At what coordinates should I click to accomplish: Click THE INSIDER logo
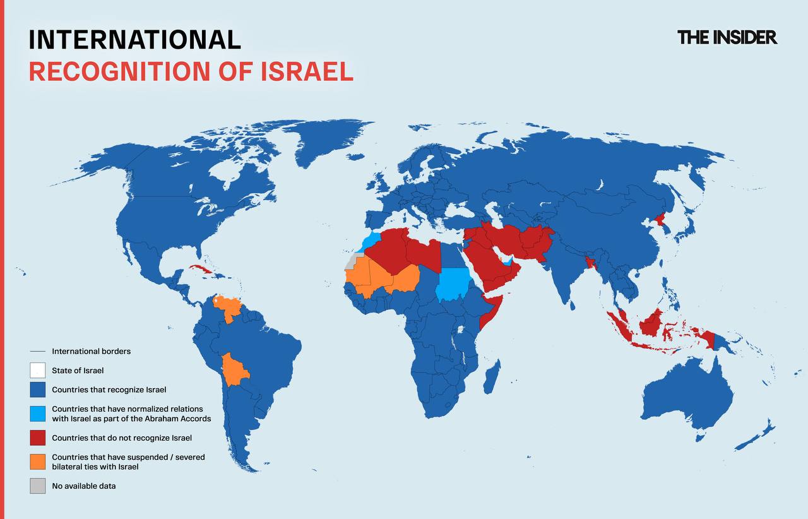(727, 37)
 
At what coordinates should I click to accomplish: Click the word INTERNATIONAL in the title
(134, 39)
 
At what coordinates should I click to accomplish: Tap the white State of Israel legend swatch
(37, 371)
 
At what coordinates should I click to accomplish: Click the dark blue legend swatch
(37, 390)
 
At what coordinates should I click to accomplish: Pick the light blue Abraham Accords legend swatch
(37, 414)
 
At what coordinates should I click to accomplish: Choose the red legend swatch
(37, 438)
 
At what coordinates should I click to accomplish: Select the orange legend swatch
(37, 462)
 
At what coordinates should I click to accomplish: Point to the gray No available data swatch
(37, 486)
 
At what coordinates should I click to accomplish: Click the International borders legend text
(91, 351)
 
